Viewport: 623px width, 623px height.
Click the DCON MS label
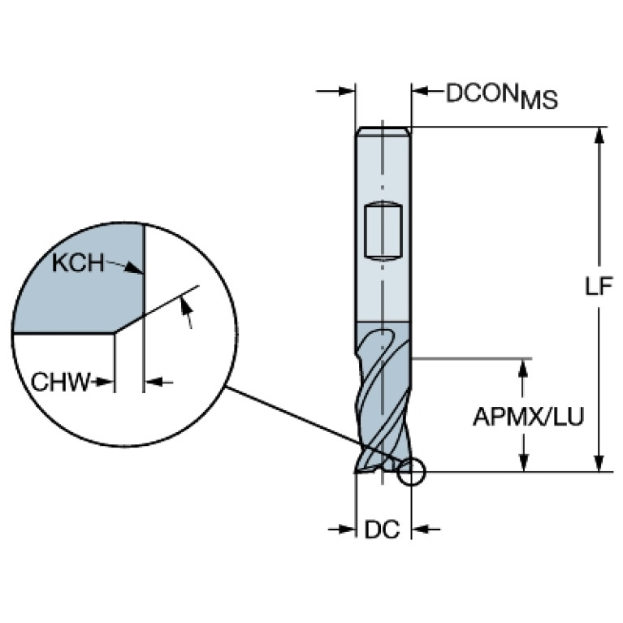tap(502, 95)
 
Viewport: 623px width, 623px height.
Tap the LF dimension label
tap(599, 286)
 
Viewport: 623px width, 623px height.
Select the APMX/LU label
tap(529, 417)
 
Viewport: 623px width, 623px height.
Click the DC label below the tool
tap(382, 530)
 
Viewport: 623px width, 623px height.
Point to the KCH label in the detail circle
tap(78, 263)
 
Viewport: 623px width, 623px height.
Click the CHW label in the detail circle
tap(60, 383)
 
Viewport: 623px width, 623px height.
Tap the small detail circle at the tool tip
tap(412, 472)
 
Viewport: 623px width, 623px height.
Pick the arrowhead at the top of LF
tap(599, 135)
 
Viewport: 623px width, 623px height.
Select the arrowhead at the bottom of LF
tap(599, 464)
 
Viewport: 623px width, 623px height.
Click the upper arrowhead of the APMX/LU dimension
tap(524, 367)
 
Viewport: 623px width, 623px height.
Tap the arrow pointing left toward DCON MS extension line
tap(427, 92)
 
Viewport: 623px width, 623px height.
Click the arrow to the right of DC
tap(426, 530)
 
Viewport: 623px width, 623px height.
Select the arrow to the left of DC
tap(342, 530)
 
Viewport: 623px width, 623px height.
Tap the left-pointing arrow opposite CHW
tap(159, 383)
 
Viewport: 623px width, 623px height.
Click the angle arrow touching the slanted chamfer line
tap(186, 312)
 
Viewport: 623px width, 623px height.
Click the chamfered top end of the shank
tap(383, 131)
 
